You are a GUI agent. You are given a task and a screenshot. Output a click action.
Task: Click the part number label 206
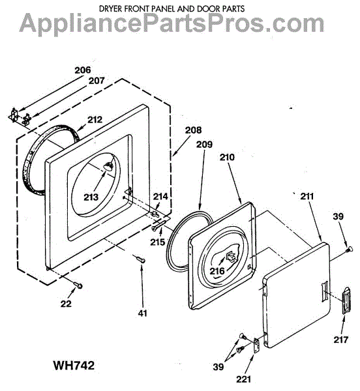coord(83,70)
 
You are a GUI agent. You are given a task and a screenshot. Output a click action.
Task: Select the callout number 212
coord(95,119)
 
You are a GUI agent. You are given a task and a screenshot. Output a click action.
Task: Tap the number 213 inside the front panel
coord(91,197)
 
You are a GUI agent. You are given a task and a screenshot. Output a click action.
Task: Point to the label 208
coord(193,130)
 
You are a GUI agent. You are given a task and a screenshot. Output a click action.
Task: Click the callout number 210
coord(227,157)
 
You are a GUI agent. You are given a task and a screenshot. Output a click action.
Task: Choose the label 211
coord(307,196)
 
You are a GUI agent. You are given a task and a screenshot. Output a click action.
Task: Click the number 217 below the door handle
coord(341,340)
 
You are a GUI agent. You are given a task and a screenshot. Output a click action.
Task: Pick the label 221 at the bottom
coord(243,379)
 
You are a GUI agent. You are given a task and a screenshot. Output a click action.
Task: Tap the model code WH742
coord(74,366)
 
